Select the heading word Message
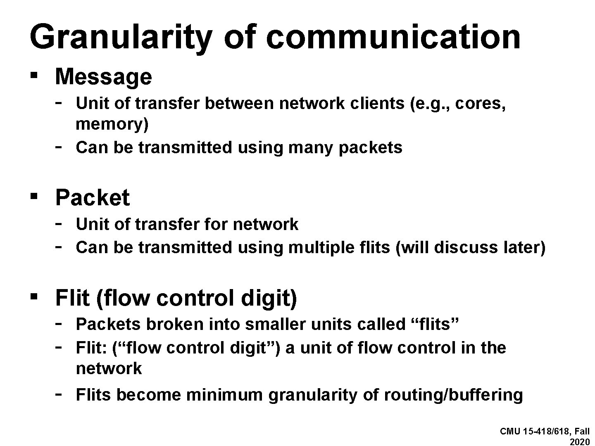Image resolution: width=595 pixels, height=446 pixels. (x=103, y=77)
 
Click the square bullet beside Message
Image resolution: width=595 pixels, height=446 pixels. (x=35, y=76)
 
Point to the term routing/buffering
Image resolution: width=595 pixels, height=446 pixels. (x=453, y=395)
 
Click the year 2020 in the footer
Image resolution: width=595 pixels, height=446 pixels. (x=580, y=441)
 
